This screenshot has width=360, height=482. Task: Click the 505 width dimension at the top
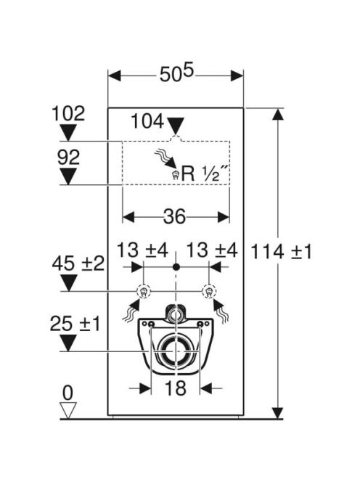coord(176,73)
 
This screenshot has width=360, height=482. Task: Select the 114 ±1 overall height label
coord(282,252)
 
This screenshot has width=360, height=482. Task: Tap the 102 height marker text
coord(68,113)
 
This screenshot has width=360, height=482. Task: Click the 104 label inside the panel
coord(147,121)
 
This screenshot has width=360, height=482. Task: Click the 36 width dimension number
coord(175,216)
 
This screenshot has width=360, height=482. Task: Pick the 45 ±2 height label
coord(78,264)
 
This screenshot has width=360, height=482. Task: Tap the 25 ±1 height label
coord(75,324)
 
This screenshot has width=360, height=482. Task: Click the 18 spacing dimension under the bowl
coord(176,388)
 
